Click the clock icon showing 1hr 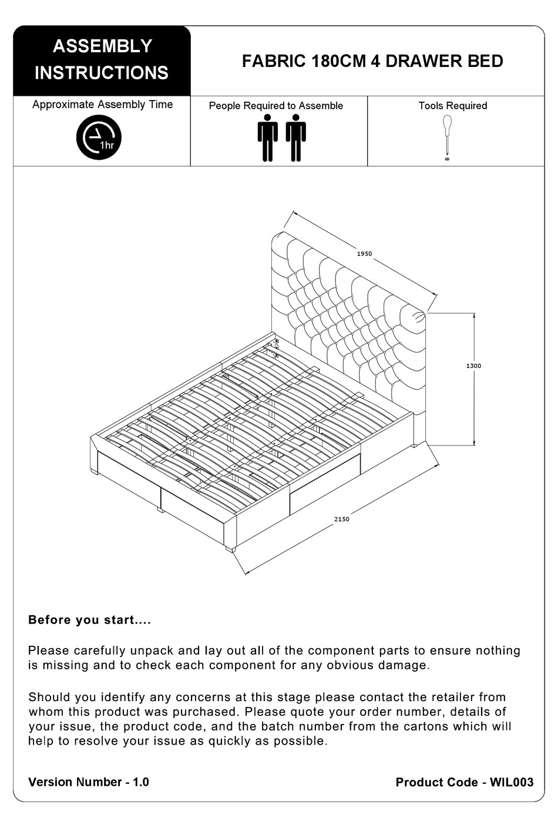[x=99, y=138]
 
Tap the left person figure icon [x=268, y=138]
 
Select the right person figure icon [x=296, y=138]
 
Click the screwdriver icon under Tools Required [x=447, y=135]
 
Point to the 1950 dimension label [x=364, y=254]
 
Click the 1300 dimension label [x=473, y=366]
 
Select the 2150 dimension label [x=341, y=519]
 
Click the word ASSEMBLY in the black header [x=102, y=46]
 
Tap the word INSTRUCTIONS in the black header [x=102, y=73]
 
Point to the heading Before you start [x=89, y=620]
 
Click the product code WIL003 [x=512, y=782]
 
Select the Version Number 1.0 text [x=89, y=782]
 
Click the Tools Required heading [x=452, y=106]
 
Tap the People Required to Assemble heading [x=275, y=106]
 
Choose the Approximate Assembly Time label [x=102, y=105]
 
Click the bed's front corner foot [x=231, y=549]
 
